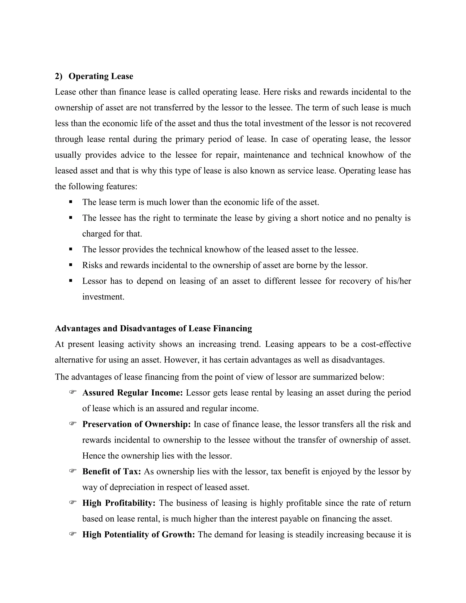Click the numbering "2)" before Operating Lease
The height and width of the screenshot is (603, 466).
point(58,76)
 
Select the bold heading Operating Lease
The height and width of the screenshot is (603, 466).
point(101,76)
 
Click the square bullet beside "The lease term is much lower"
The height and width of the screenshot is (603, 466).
point(71,202)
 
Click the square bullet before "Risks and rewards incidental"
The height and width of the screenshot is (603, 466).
point(71,265)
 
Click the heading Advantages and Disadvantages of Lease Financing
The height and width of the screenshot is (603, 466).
point(154,328)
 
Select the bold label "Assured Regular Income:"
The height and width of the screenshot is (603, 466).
point(132,393)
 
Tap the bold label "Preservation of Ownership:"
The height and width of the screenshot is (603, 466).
point(136,424)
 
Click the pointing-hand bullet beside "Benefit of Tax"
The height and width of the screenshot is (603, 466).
point(73,471)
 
